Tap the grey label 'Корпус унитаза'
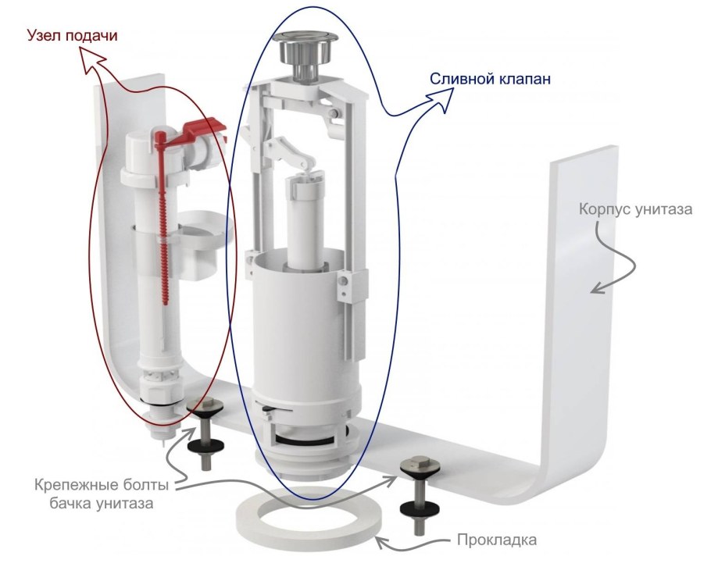tap(634, 210)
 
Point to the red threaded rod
tap(166, 226)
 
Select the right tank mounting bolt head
tap(414, 467)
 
